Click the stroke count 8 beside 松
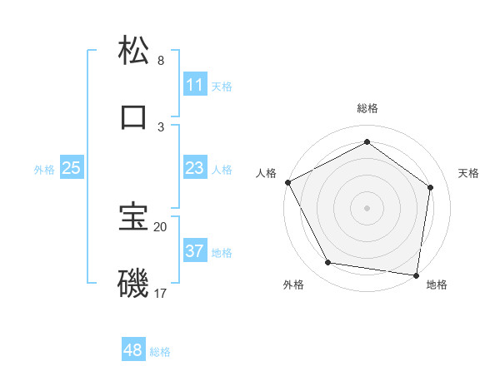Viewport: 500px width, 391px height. (161, 61)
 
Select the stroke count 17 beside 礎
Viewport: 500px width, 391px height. (161, 294)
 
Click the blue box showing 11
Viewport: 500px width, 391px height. (194, 85)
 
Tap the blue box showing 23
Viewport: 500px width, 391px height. (194, 168)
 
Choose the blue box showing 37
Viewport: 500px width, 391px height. (194, 251)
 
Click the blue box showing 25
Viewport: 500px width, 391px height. (71, 168)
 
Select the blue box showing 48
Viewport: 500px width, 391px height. (132, 350)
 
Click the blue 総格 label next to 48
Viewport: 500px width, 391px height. (160, 352)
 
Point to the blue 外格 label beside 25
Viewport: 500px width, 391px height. (44, 170)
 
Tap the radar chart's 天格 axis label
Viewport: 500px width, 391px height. (469, 173)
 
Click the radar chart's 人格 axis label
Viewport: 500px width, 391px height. (266, 173)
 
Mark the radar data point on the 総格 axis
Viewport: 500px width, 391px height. (367, 141)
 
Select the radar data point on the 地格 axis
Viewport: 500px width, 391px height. (416, 275)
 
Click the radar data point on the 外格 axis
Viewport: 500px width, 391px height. (328, 263)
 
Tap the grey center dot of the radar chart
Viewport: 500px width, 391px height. (367, 208)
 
